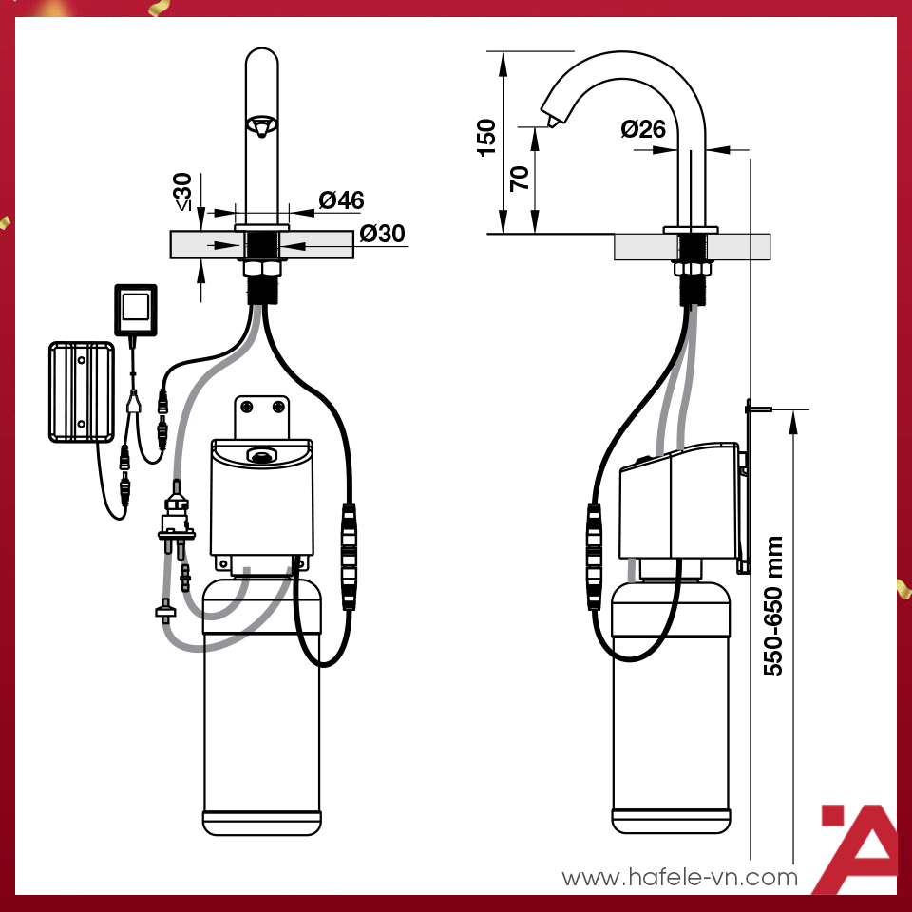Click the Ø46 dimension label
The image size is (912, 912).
(x=341, y=200)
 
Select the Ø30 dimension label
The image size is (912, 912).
(x=382, y=234)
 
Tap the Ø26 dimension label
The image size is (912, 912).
(x=643, y=129)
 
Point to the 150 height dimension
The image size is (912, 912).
(x=485, y=138)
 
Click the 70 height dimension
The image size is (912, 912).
(x=520, y=179)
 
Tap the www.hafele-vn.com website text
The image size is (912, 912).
(x=679, y=877)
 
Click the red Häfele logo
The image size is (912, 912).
(x=858, y=848)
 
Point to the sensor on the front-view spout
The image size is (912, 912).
(x=261, y=124)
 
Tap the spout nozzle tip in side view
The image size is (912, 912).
(x=550, y=122)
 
